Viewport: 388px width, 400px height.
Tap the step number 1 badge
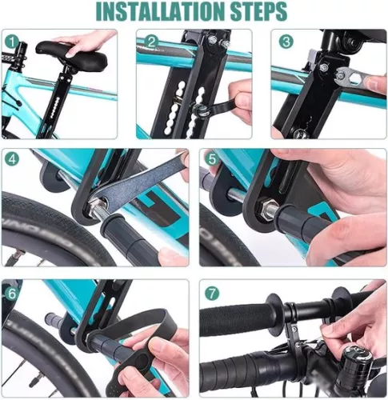(11, 40)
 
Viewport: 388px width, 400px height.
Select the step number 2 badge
(151, 40)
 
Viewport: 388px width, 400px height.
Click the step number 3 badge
(287, 40)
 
